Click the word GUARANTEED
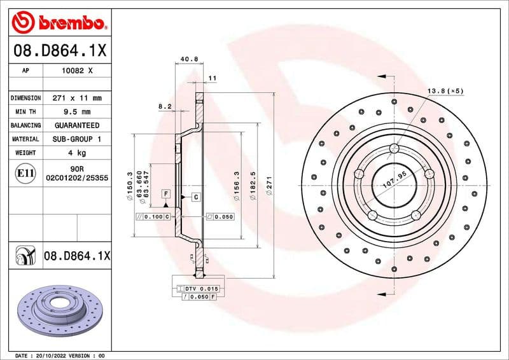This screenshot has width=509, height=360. (x=77, y=125)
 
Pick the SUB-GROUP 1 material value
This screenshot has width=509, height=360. (x=77, y=139)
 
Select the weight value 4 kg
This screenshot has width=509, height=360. (x=77, y=153)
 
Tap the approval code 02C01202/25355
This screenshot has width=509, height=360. (x=77, y=179)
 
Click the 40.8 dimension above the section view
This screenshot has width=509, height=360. (x=189, y=59)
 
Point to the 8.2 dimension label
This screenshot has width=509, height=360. (x=165, y=106)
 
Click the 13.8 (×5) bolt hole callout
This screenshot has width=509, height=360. (x=445, y=92)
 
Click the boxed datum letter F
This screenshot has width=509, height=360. (x=165, y=193)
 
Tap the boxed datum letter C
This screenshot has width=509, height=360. (x=195, y=197)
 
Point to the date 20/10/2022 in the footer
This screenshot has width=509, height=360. (x=50, y=355)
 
